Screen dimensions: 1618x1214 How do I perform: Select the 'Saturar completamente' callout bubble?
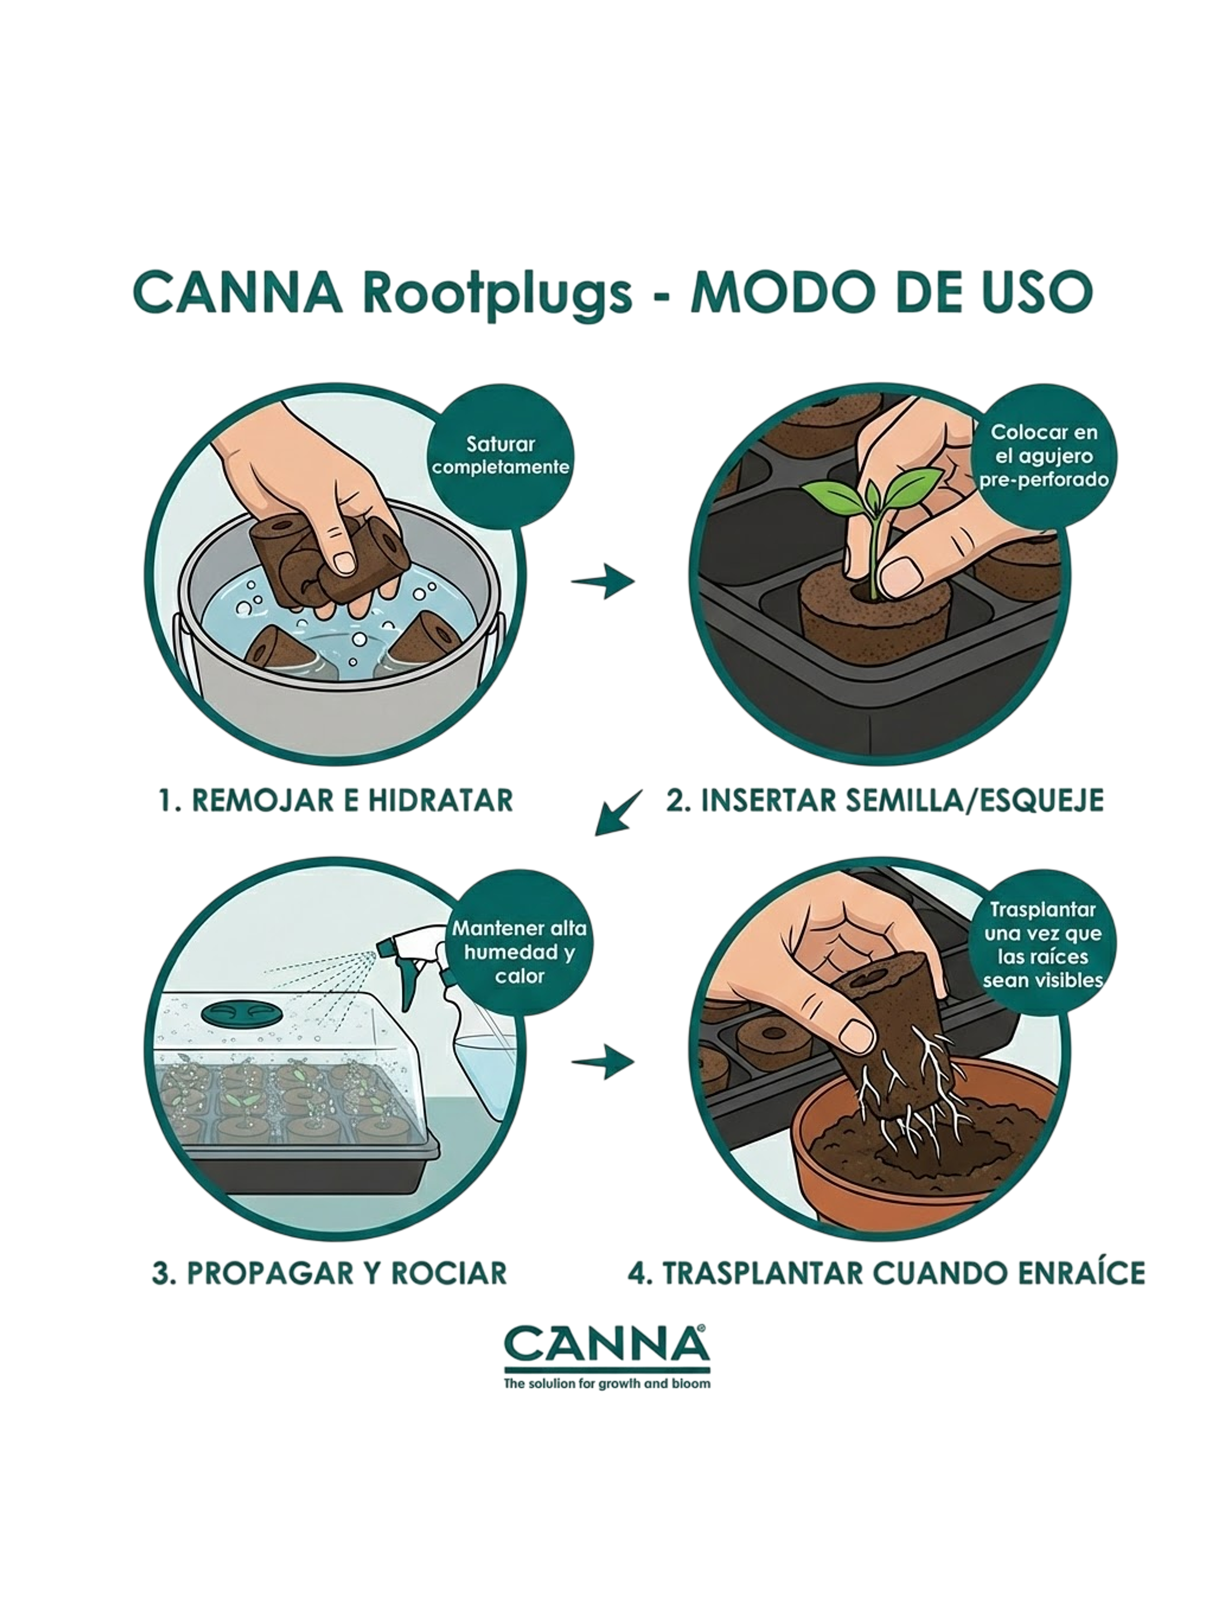[501, 456]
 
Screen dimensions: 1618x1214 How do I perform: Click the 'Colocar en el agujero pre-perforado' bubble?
[1044, 456]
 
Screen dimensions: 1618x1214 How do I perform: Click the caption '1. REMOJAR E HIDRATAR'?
[336, 800]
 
